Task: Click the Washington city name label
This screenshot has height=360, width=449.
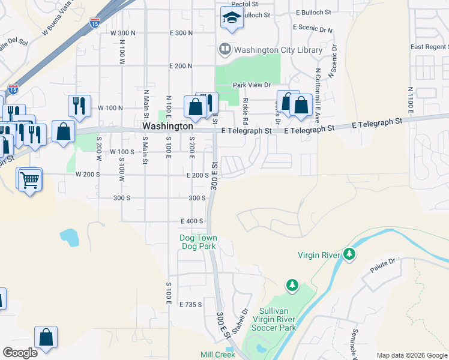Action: (168, 127)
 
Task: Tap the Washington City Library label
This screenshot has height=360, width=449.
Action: (278, 50)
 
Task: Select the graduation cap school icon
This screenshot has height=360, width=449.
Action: (231, 19)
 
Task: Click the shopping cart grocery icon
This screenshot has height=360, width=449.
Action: (29, 179)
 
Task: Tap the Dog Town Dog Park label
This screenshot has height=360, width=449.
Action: (198, 242)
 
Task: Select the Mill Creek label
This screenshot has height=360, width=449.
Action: (218, 355)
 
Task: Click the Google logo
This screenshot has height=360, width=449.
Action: (20, 353)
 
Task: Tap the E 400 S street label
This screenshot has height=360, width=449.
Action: (196, 221)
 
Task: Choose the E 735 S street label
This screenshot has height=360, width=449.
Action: (191, 305)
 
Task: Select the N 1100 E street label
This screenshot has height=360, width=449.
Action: (411, 100)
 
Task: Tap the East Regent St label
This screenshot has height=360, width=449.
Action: (429, 47)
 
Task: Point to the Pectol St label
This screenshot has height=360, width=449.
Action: (244, 4)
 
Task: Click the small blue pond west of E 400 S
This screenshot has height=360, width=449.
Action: (70, 238)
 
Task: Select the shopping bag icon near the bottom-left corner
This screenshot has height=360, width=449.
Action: (46, 338)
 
